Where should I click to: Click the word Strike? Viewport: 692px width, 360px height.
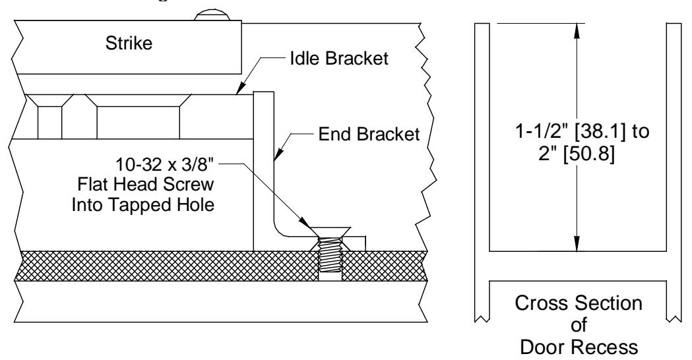129,44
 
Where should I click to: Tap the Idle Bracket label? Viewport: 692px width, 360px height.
339,58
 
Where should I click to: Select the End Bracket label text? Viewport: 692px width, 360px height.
369,134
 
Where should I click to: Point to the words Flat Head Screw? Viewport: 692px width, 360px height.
146,185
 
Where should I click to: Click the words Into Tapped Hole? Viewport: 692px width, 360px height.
143,204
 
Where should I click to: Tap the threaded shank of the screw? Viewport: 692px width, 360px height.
330,256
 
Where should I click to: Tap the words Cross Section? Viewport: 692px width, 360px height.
579,303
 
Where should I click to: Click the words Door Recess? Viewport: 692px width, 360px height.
579,347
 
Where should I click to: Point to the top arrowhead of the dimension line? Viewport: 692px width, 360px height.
577,31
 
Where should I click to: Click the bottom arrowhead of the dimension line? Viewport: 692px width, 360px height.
577,243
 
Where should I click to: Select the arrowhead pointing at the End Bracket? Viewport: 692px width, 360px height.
276,153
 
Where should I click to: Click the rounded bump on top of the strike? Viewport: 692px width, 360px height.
212,16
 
